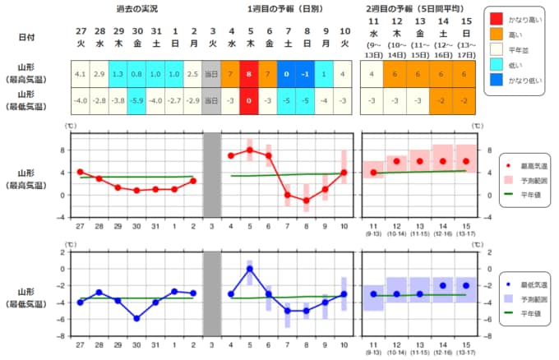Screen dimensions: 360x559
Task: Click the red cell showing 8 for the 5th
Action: (249, 74)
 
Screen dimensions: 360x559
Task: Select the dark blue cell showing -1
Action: (306, 74)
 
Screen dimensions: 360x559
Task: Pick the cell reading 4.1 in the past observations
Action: (80, 74)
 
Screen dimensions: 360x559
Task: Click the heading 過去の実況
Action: (136, 9)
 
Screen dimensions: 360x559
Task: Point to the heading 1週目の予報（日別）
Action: (287, 9)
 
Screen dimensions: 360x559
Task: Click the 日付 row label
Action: (26, 37)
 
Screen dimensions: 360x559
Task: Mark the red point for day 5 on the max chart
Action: (249, 150)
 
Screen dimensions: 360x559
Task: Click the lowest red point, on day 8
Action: (306, 201)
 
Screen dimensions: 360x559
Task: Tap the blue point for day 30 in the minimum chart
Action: (136, 318)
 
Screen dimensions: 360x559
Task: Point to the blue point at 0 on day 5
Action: (249, 269)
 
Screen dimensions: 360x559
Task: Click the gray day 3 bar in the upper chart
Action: (212, 173)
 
